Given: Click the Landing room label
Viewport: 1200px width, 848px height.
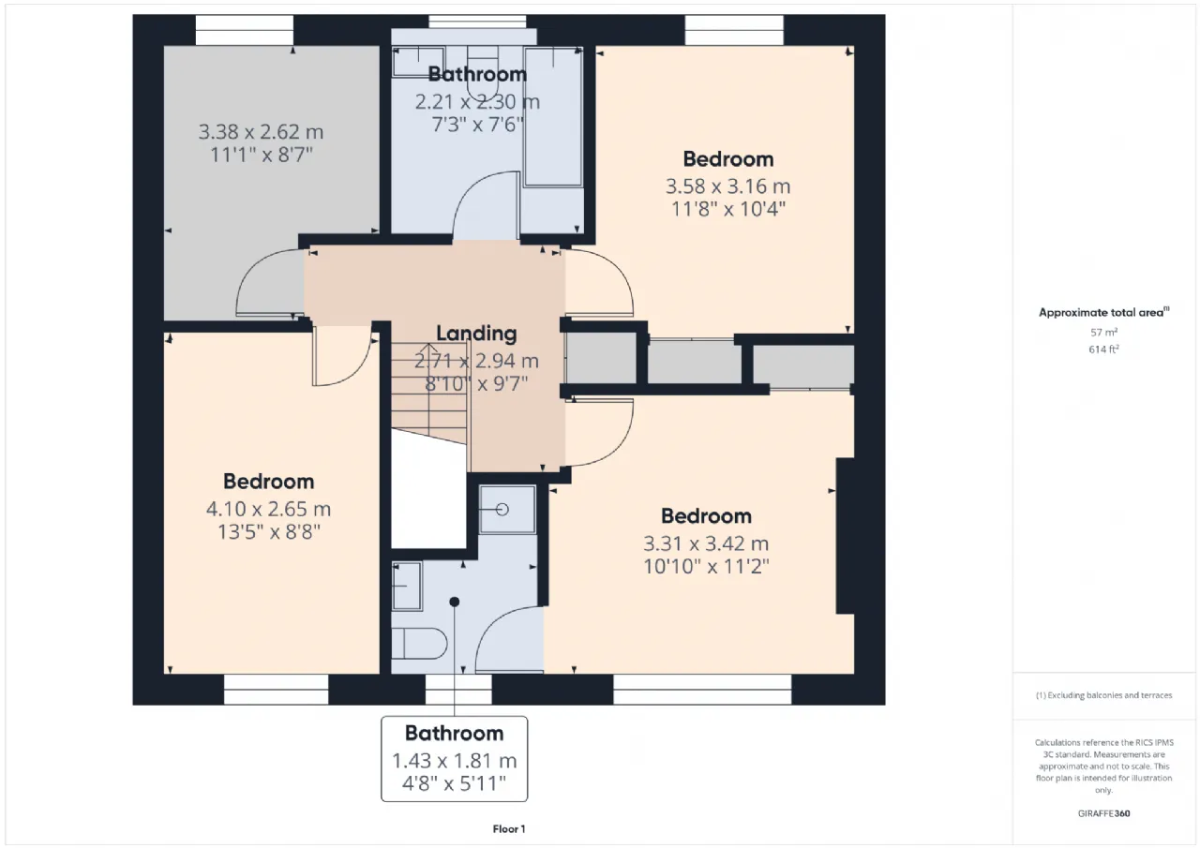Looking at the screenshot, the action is coord(476,334).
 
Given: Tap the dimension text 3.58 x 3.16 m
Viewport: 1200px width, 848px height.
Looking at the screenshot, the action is coord(728,186).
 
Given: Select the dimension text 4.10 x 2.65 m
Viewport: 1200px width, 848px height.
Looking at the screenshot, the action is coord(268,509).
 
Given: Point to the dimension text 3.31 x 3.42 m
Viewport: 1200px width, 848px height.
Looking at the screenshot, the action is coord(706,543).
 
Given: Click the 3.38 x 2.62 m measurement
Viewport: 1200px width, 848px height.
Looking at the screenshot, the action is coord(261,132).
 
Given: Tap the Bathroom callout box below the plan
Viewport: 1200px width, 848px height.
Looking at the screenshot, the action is coord(455,759).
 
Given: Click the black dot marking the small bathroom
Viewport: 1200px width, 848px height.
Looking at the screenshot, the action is coord(455,602).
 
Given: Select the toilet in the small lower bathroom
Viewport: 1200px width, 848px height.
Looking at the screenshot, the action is coord(419,643).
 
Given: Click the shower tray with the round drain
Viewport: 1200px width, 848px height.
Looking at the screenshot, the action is coord(507,510).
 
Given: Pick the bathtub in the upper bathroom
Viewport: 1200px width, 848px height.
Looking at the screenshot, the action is coord(553,117).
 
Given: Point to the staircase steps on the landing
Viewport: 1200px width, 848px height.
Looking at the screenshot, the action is coord(428,394).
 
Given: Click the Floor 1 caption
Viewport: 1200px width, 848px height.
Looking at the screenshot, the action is coord(509,828).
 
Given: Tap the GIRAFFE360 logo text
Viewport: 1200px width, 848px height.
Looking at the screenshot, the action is coord(1103,813).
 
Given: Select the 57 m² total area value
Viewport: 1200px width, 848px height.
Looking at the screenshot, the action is coord(1103,332).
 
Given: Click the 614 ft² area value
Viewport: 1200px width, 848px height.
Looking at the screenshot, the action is coord(1103,350).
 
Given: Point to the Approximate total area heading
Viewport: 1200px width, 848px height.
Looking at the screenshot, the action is coord(1103,313).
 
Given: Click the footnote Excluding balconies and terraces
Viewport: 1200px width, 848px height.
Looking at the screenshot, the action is coord(1103,695).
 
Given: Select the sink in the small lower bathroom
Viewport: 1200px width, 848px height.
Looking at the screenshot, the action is coord(407,587).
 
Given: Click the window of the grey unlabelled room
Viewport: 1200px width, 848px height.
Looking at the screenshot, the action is coord(245,30).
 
